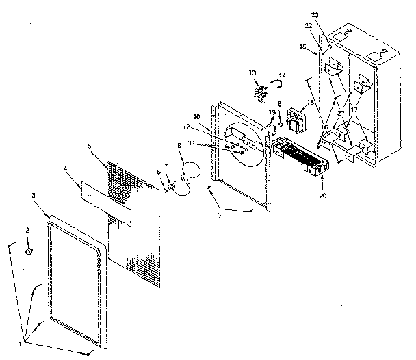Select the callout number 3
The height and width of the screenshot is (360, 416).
34,196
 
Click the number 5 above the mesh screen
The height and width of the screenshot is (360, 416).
89,146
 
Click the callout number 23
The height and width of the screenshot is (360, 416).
334,15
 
